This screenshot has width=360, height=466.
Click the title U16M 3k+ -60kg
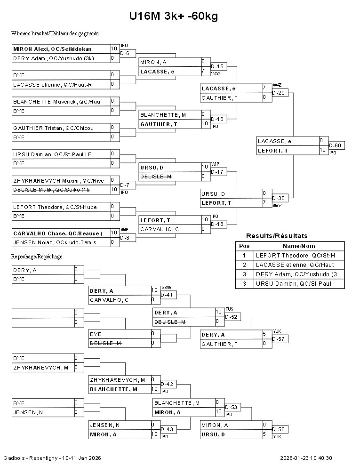pos(174,16)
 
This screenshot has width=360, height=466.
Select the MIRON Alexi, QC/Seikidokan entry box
pos(61,49)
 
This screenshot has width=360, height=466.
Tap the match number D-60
pos(336,145)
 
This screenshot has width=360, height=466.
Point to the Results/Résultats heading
pos(277,236)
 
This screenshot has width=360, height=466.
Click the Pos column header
pos(244,246)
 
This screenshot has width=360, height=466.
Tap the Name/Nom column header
pos(299,246)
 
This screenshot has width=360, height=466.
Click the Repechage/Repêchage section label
pos(37,257)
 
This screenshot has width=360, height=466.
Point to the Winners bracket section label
pos(55,33)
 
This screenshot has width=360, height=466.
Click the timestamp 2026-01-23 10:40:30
pos(306,458)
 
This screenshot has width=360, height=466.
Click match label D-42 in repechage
pos(167,384)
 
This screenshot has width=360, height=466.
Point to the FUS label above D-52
pos(229,309)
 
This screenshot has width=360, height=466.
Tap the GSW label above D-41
pos(166,288)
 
